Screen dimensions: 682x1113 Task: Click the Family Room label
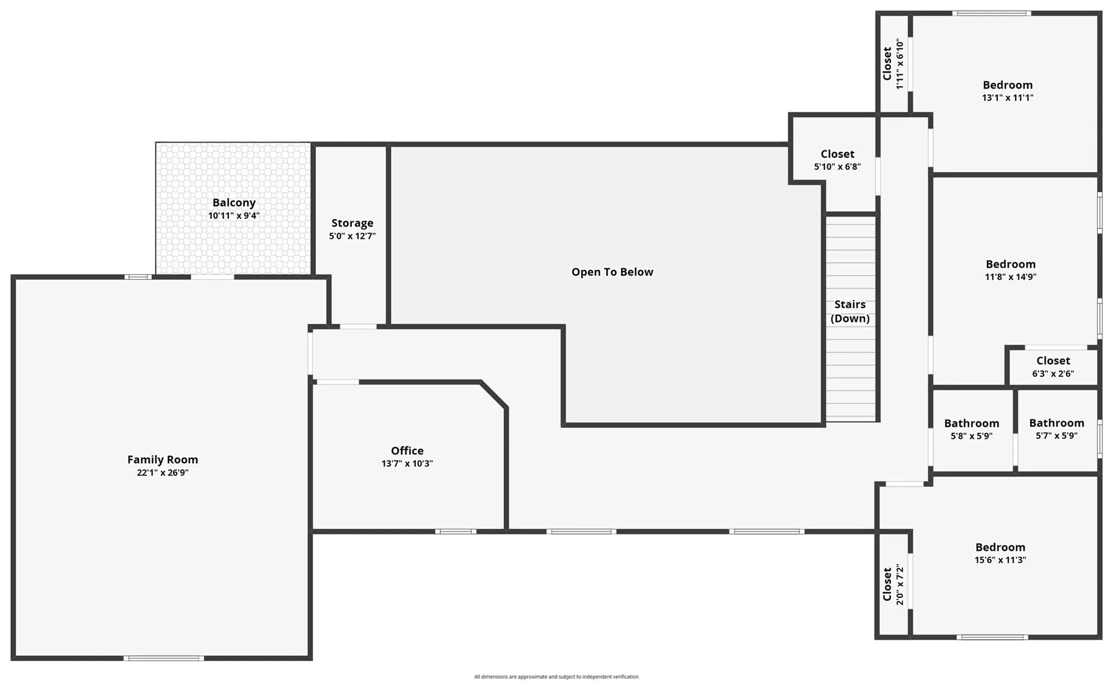click(x=162, y=460)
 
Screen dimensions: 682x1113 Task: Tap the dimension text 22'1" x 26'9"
click(x=162, y=473)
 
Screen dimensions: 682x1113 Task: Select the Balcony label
click(x=234, y=202)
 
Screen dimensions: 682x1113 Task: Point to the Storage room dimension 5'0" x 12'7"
click(x=352, y=236)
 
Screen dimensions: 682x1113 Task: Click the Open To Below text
click(x=612, y=272)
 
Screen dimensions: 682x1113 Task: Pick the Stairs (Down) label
click(x=850, y=311)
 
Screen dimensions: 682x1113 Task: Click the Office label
click(x=407, y=450)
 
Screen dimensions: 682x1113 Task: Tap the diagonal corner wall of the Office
click(x=494, y=394)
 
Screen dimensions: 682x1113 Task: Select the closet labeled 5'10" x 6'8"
click(x=837, y=160)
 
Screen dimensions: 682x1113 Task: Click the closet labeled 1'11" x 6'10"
click(x=893, y=64)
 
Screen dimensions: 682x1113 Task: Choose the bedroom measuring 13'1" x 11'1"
click(x=1007, y=91)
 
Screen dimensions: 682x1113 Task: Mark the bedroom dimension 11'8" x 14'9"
click(x=1010, y=277)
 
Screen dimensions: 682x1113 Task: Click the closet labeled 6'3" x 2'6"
click(x=1053, y=367)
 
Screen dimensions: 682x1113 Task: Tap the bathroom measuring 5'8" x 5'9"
click(x=971, y=429)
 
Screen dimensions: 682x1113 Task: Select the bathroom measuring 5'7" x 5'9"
click(x=1056, y=429)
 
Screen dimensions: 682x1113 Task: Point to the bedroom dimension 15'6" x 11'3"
click(x=1000, y=560)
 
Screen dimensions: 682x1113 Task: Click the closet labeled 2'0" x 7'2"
click(x=893, y=585)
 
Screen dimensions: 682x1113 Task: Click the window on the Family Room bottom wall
click(x=164, y=658)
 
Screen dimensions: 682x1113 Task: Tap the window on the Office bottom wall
click(x=455, y=531)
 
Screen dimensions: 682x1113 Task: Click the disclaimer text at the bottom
click(x=556, y=677)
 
